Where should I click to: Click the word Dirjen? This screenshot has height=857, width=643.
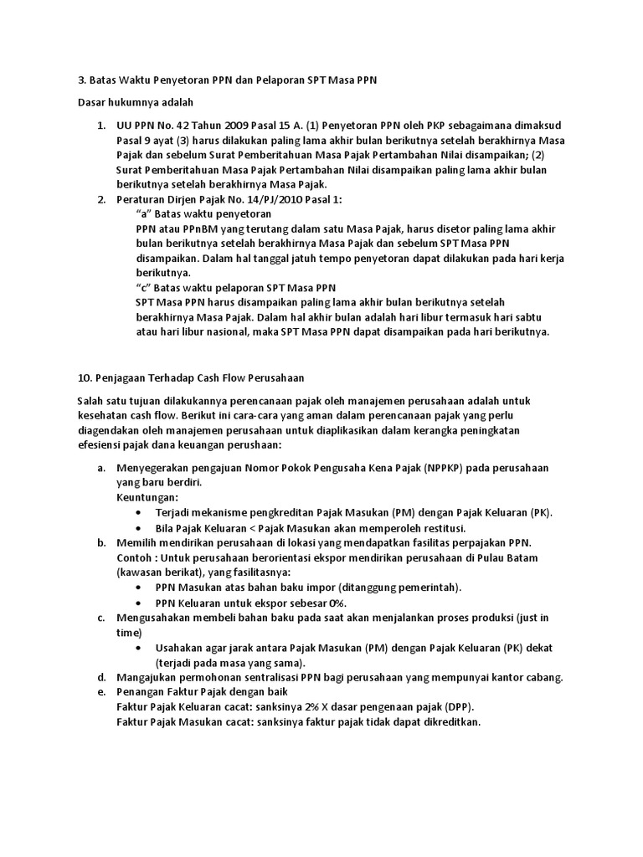point(190,199)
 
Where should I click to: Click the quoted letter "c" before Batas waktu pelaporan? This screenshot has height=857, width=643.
point(143,287)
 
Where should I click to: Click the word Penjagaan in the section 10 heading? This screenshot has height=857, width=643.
point(121,377)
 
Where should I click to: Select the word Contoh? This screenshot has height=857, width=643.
point(134,557)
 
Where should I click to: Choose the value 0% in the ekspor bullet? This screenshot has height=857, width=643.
point(336,603)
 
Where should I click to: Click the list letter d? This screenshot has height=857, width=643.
point(100,677)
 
